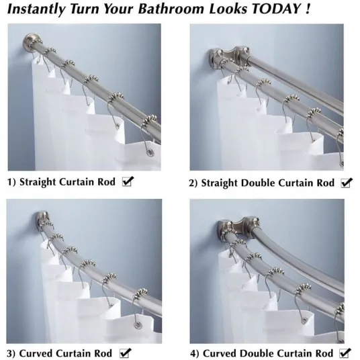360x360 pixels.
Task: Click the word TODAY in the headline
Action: click(x=277, y=9)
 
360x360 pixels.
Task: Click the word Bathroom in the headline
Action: click(x=171, y=9)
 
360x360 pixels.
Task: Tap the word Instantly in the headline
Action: click(x=36, y=9)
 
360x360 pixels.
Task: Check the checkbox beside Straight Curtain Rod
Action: click(x=128, y=181)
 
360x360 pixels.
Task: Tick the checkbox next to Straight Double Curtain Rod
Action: click(x=347, y=183)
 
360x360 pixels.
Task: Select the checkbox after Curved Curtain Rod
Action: click(x=126, y=353)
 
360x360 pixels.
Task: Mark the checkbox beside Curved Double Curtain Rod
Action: click(x=345, y=353)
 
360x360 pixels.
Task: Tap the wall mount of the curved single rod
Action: click(x=42, y=218)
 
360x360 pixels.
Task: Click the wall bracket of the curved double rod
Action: click(x=239, y=227)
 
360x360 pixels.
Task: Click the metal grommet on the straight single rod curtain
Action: click(x=150, y=152)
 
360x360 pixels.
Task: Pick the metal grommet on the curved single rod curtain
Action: click(x=138, y=324)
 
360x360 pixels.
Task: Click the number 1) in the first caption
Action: click(x=11, y=182)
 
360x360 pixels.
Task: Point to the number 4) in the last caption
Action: click(x=195, y=353)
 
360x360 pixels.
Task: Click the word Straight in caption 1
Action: click(x=38, y=182)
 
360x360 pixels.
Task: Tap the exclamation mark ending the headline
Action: click(x=307, y=9)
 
